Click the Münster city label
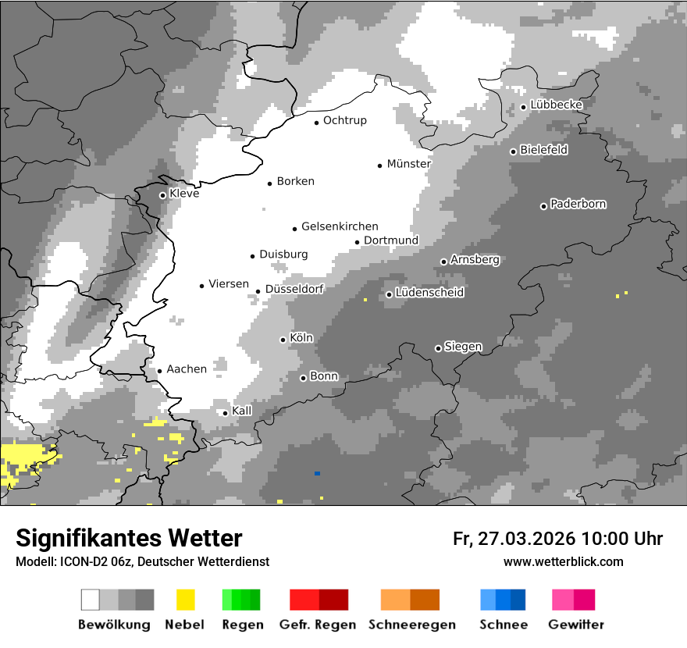408,164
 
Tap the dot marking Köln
283,340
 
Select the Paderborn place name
578,205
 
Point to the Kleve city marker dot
162,195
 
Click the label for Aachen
187,369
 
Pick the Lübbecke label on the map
556,105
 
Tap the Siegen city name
463,347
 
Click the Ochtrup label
344,121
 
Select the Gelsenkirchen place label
340,226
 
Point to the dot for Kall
225,413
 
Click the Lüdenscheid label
429,293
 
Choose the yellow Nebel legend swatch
185,600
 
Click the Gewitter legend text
576,625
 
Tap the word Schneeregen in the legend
411,625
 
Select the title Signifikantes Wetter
129,539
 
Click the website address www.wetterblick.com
564,561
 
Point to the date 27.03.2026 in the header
524,539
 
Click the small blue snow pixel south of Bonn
317,473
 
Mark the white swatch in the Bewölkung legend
91,600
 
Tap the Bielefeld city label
543,150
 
